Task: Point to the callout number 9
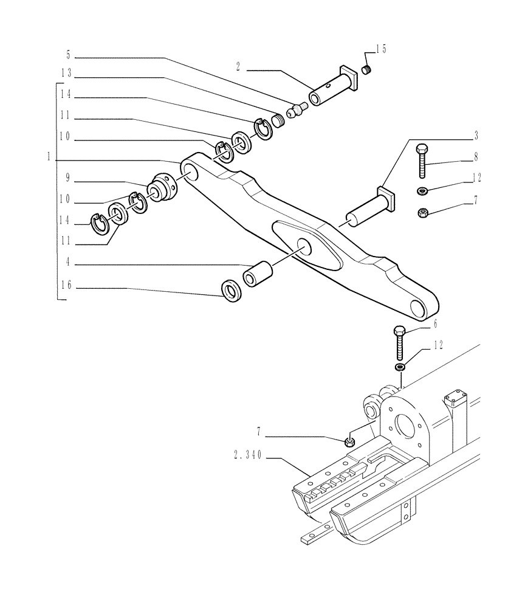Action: tap(69, 179)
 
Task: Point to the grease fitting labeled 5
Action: tap(297, 111)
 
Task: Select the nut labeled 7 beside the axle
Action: tap(349, 442)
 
